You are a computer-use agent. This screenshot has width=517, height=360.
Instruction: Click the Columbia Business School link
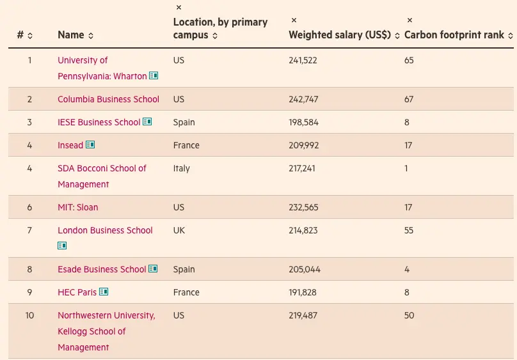click(108, 99)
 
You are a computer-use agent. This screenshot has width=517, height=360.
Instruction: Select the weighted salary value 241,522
click(303, 60)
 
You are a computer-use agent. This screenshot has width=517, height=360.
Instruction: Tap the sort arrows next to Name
click(91, 36)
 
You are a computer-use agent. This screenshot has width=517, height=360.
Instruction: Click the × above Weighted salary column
click(294, 20)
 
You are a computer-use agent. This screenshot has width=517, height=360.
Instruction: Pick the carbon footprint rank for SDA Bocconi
click(406, 168)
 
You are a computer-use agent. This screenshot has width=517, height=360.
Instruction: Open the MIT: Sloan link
click(77, 207)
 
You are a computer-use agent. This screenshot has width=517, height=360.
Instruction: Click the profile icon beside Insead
click(90, 145)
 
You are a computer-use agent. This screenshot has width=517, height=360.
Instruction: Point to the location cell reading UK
click(179, 230)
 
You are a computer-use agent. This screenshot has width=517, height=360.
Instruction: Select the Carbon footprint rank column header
click(454, 35)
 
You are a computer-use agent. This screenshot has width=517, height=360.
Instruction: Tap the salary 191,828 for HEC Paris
click(303, 292)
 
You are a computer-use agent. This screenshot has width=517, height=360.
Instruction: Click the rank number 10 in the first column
click(29, 315)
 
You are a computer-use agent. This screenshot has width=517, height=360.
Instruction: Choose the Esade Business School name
click(102, 269)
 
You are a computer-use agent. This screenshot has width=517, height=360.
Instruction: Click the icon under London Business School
click(62, 246)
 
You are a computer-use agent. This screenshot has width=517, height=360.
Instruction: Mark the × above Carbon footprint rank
click(410, 20)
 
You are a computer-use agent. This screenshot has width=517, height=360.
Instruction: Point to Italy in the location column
click(182, 168)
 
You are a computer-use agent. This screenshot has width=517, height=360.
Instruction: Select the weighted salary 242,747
click(303, 99)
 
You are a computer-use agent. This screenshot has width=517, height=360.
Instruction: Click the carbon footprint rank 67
click(409, 99)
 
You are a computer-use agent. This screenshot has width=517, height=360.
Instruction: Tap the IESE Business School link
click(99, 122)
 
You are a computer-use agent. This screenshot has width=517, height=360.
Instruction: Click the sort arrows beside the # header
click(30, 36)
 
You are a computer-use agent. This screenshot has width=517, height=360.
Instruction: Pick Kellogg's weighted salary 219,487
click(303, 315)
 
